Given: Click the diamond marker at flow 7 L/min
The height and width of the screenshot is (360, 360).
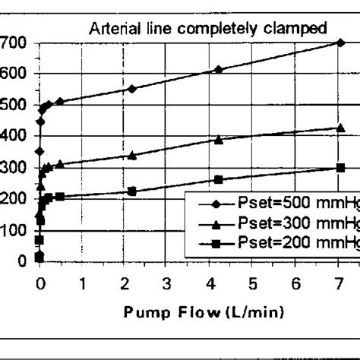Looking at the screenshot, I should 339,43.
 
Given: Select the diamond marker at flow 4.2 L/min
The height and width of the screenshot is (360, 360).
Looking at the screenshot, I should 219,69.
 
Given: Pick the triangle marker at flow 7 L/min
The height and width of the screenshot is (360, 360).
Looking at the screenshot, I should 339,128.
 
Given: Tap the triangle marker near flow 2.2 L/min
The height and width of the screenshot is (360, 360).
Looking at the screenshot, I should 132,155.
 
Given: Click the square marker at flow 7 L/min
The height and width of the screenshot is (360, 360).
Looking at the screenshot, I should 339,168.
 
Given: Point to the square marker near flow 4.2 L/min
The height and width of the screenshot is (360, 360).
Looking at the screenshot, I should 219,180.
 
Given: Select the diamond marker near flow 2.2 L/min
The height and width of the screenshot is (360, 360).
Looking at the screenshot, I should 132,89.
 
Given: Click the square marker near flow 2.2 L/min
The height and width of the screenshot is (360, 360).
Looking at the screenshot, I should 132,191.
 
